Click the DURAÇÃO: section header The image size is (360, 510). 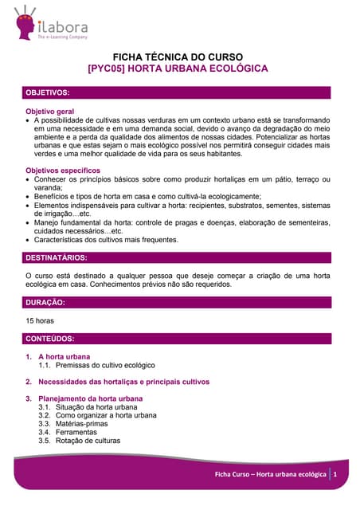tap(45, 303)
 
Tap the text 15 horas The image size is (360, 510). tap(40, 321)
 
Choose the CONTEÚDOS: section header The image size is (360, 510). tap(50, 339)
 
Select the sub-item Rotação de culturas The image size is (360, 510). tap(88, 441)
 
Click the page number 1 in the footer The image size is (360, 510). tap(336, 475)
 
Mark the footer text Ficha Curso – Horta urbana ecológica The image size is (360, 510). tap(271, 475)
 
